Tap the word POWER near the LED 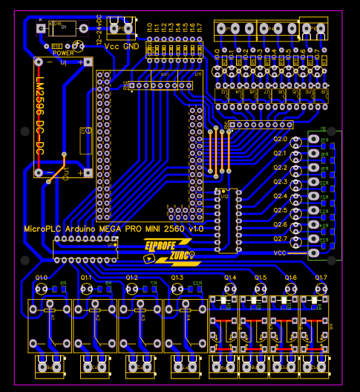[63, 53]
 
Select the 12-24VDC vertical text [99, 28]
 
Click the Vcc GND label [121, 46]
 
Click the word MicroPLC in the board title [43, 229]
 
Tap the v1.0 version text [195, 229]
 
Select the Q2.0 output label [280, 139]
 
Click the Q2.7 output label [280, 238]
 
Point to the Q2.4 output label [280, 196]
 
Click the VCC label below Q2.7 [280, 252]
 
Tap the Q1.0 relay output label [41, 278]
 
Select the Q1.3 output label [177, 278]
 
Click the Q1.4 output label [230, 278]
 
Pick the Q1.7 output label [321, 278]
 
